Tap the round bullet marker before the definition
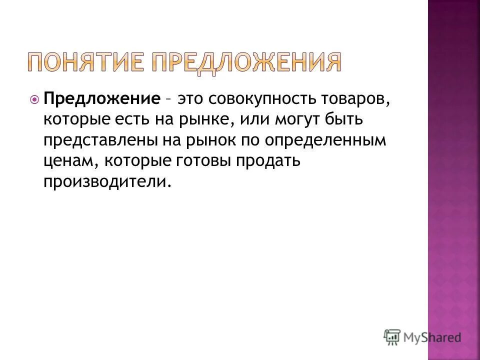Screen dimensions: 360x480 (x=34, y=99)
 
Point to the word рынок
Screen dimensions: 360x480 (x=213, y=141)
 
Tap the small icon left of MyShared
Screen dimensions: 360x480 (x=392, y=336)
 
